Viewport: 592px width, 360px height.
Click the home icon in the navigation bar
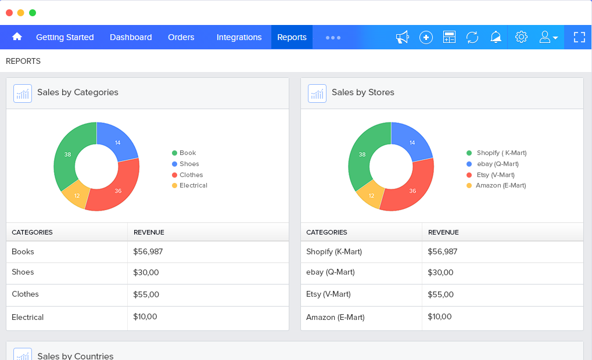point(17,37)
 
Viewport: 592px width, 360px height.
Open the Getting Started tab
point(64,37)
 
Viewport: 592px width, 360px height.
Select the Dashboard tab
point(131,37)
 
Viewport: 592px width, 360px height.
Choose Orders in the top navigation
point(181,37)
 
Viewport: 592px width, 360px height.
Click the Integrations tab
point(239,37)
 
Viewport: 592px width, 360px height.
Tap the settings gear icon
point(521,37)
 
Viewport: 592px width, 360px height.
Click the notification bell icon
point(496,37)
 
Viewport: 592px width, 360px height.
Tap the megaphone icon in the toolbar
point(402,37)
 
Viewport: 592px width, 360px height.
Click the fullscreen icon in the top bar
point(579,37)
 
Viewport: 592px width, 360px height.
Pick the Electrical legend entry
point(193,185)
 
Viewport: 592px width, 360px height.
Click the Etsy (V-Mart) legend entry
point(495,175)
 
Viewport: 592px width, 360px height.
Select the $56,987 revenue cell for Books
point(150,251)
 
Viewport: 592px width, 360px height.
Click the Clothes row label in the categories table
point(25,294)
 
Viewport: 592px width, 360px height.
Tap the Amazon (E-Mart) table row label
point(335,317)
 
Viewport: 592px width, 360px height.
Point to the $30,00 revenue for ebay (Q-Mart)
point(440,272)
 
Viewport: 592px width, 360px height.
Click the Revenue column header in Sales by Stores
point(443,232)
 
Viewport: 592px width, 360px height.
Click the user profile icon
point(548,37)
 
